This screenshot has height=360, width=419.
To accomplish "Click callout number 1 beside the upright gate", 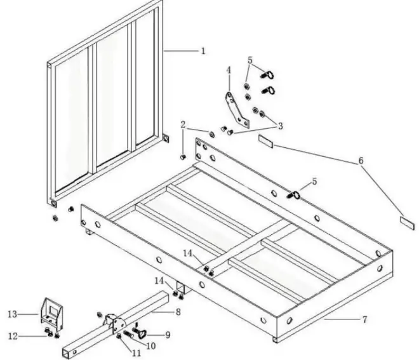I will [203, 51].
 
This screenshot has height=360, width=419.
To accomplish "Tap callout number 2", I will [183, 124].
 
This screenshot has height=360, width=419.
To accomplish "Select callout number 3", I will [279, 126].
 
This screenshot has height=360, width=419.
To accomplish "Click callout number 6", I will [361, 161].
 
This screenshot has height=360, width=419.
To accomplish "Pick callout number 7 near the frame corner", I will [364, 318].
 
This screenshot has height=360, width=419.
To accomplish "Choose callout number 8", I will [178, 311].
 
